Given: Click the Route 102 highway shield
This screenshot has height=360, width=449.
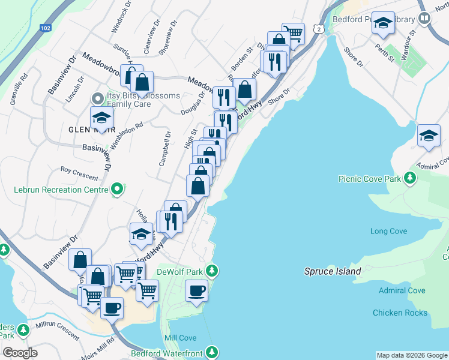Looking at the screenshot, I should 46,28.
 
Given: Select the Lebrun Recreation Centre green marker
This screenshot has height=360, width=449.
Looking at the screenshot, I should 117,190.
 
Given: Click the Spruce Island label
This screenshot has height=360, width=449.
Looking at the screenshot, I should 333,271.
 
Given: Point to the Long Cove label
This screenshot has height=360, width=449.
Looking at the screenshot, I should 388,231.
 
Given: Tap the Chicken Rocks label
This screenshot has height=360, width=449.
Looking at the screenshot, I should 400,313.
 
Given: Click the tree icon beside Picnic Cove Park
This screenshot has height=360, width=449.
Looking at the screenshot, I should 410,178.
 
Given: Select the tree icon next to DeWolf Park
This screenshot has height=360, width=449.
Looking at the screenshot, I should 211,271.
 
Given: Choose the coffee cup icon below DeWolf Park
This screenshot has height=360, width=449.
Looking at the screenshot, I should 196,292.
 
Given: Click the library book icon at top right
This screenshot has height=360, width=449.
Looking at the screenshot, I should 424,19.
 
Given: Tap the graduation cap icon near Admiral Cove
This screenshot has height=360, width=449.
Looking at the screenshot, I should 429,136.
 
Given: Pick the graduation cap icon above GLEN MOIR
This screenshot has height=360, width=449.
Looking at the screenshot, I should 102,118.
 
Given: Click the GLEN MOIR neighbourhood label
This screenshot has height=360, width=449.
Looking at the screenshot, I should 92,129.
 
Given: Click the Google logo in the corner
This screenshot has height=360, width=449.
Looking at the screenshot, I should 20,353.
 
